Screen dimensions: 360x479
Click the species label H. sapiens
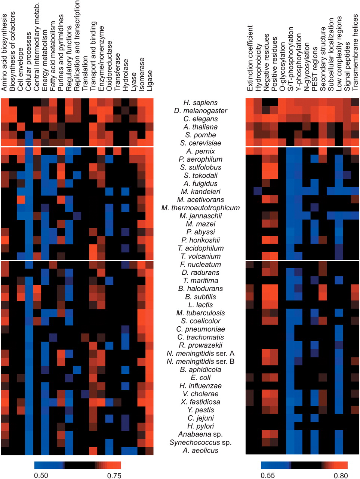200,103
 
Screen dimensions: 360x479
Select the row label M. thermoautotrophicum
200,208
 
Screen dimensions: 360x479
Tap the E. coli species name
200,378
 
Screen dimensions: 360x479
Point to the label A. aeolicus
200,450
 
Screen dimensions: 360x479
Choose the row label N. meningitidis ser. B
200,361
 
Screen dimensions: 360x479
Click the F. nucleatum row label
200,264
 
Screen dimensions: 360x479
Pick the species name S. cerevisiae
200,143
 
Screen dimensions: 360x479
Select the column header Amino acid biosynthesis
4,52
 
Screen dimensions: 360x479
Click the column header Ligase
150,80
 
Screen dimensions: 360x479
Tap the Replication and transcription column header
77,46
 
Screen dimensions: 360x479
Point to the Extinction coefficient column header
250,58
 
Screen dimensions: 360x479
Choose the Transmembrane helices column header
355,53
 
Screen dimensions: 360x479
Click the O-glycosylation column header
282,66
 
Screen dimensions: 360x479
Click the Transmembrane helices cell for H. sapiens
356,102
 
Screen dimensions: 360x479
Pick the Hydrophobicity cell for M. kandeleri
258,191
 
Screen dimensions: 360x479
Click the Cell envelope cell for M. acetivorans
21,199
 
